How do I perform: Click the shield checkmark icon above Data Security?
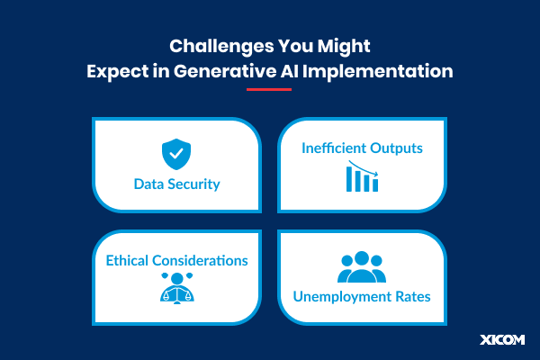(176, 155)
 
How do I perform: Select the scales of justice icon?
(176, 289)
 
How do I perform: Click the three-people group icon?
(361, 267)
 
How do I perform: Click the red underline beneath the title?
(268, 89)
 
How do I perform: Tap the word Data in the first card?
(149, 184)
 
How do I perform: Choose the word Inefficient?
(332, 147)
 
